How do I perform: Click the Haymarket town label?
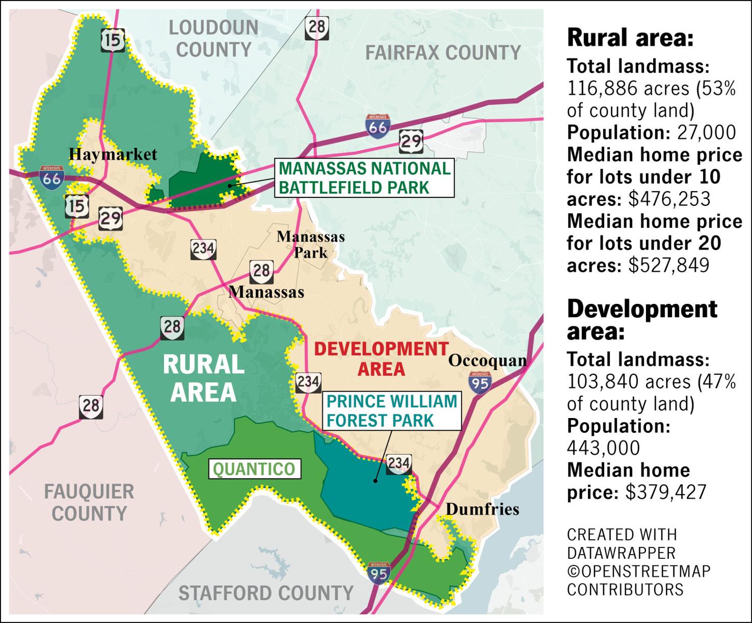113,154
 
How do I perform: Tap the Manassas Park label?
310,244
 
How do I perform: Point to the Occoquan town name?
487,361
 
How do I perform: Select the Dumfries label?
482,509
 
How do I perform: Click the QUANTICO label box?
254,469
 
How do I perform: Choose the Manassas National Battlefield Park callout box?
364,178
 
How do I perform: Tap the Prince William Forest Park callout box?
391,411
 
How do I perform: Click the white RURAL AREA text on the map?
203,378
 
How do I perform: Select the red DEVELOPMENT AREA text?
381,359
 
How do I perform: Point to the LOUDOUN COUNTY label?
213,38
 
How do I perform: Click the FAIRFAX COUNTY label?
443,53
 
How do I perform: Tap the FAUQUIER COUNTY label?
89,503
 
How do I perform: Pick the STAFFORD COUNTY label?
265,593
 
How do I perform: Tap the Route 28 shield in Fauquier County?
91,406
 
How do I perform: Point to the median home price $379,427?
666,492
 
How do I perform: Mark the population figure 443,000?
603,448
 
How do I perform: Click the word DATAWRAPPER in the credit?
621,553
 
